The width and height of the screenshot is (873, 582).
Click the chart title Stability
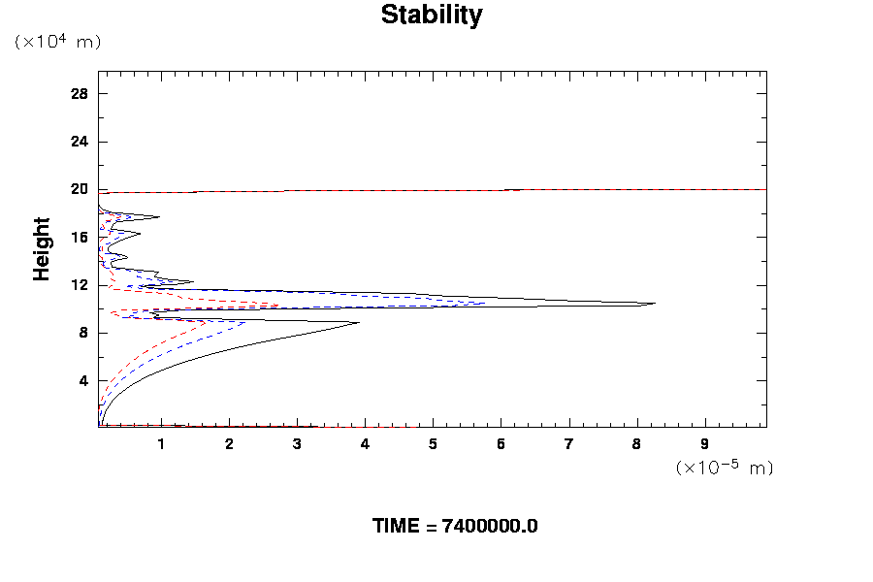(431, 16)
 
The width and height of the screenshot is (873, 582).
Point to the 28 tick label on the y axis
(80, 94)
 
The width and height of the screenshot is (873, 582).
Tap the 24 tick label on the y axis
(80, 142)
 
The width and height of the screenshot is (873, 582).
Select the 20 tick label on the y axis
(80, 189)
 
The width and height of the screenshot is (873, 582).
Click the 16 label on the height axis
(80, 237)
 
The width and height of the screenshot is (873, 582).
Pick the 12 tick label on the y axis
(80, 285)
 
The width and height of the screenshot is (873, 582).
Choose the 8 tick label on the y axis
(83, 333)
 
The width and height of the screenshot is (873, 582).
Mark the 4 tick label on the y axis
(83, 380)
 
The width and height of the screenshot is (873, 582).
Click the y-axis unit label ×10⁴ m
(57, 42)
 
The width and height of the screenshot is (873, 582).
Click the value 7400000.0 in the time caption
(490, 527)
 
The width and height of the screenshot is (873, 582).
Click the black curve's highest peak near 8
(655, 304)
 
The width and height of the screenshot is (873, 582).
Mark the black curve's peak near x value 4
(359, 323)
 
